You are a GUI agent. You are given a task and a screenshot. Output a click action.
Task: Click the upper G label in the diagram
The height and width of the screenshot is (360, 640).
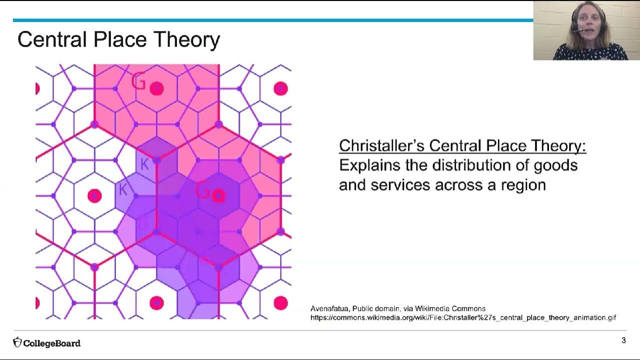(x=138, y=81)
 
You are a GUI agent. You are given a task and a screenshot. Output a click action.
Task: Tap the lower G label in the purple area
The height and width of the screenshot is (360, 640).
(x=202, y=190)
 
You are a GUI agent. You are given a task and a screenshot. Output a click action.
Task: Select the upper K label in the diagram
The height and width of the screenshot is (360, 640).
(x=144, y=164)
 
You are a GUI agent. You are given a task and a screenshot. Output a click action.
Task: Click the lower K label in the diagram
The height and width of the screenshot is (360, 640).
(x=122, y=189)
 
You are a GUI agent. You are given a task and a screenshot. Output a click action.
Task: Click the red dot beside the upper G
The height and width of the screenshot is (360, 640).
(x=157, y=88)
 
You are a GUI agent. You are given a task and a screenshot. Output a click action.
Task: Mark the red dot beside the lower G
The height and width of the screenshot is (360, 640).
(x=218, y=196)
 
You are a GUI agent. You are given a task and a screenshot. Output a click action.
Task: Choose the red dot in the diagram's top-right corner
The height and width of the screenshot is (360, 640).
(x=280, y=88)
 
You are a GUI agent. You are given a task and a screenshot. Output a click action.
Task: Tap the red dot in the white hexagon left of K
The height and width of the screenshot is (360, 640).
(x=94, y=196)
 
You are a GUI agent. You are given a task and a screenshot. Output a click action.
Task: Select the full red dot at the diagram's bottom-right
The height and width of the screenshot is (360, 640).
(x=280, y=303)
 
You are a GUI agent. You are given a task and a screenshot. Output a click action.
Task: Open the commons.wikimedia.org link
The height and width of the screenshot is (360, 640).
(x=463, y=317)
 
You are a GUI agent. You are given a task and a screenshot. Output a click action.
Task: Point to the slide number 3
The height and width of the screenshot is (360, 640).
(x=623, y=340)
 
